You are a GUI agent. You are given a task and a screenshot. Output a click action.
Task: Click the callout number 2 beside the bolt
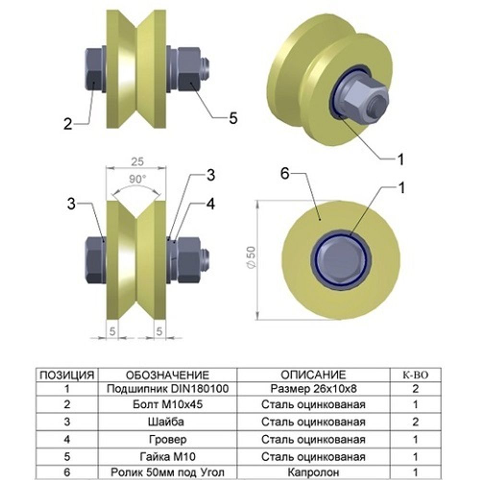(x=68, y=124)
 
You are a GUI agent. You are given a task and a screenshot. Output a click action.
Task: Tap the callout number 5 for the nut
(x=233, y=118)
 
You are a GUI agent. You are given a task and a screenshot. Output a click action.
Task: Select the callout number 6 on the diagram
(x=285, y=175)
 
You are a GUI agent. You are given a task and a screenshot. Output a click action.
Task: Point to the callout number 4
(x=210, y=204)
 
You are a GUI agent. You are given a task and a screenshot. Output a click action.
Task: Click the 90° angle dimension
(x=136, y=180)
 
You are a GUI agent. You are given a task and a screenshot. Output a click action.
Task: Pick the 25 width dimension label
(x=136, y=161)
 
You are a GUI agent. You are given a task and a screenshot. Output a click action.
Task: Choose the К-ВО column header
(x=415, y=375)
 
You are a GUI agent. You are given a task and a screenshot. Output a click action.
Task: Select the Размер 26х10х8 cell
(x=313, y=388)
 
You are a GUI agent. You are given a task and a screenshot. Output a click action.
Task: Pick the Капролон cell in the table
(x=313, y=472)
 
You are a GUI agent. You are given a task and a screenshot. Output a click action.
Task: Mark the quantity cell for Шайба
(x=415, y=422)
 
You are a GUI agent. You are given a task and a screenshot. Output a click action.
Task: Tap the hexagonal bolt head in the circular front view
(x=341, y=262)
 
